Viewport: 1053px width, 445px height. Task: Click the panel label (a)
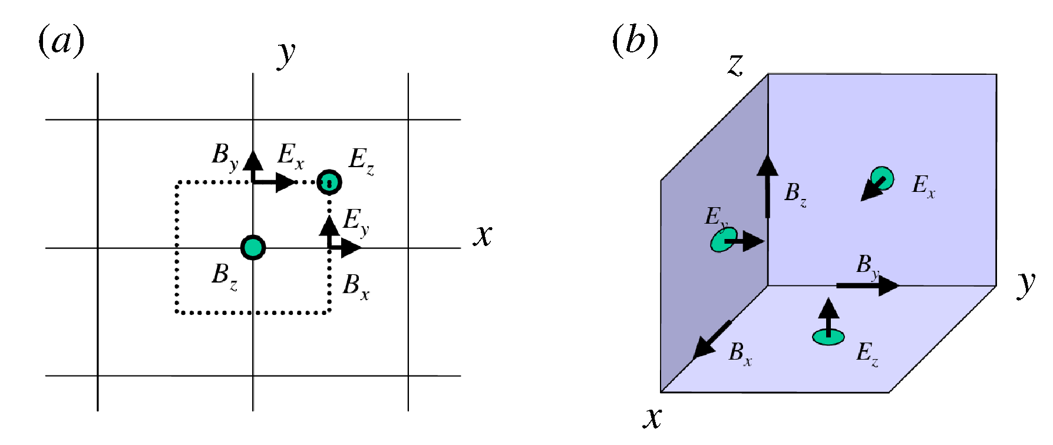point(61,41)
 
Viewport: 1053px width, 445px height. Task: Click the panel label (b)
point(635,41)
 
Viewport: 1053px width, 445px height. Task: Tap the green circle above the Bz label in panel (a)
point(253,248)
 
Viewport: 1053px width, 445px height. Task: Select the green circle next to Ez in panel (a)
point(329,182)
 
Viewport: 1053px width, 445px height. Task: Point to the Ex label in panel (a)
point(291,155)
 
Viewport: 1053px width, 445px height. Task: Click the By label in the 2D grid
point(225,155)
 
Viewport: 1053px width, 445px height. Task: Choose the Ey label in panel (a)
point(356,221)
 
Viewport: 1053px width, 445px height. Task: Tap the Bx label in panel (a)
point(356,286)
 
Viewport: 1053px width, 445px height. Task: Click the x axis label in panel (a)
point(483,235)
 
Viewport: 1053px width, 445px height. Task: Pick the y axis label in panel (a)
point(286,54)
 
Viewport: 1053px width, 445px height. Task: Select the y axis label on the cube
point(1026,284)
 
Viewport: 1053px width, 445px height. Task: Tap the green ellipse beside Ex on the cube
point(882,178)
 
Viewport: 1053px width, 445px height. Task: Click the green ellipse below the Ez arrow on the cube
point(828,337)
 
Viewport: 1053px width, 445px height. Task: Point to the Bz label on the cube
point(795,194)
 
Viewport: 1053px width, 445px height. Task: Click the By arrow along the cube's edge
point(867,285)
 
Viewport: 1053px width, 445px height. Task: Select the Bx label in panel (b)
point(740,353)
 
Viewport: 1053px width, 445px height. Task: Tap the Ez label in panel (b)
point(867,353)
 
